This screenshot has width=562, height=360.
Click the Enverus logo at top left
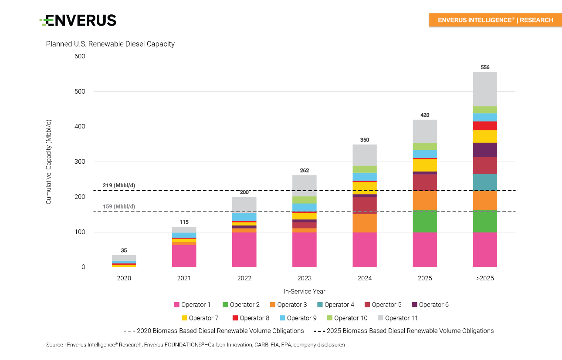coord(78,20)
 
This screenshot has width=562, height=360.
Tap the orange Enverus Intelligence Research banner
coord(495,20)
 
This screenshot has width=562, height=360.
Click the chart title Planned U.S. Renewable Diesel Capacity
coord(110,44)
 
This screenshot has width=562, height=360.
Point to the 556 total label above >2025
coord(485,67)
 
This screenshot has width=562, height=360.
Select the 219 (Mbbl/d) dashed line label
coord(119,185)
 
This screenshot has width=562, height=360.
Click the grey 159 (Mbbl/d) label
coord(119,206)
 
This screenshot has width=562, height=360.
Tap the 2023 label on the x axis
coord(304,278)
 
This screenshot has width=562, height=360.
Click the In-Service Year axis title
coord(304,291)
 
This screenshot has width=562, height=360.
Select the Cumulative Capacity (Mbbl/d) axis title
coord(49,162)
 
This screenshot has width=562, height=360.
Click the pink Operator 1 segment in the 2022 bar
coord(244,249)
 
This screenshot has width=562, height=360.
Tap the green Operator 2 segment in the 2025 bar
coord(425,221)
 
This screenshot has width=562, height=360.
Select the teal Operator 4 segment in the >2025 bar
coord(485,182)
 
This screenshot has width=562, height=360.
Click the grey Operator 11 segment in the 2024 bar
coord(365,155)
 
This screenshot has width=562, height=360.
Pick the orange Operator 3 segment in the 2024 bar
coord(365,223)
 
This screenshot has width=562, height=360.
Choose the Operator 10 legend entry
coord(347,318)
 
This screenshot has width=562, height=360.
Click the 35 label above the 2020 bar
coord(124,251)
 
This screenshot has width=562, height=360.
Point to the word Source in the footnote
coord(54,345)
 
